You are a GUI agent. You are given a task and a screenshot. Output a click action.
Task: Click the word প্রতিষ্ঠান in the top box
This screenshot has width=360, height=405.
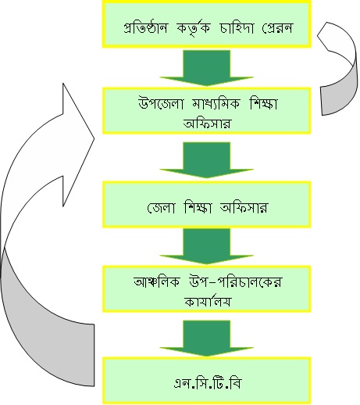pos(146,27)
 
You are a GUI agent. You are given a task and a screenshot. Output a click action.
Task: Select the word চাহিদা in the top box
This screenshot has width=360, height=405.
pos(237,27)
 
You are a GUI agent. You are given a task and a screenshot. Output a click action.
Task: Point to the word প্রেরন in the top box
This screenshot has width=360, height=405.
pos(277,27)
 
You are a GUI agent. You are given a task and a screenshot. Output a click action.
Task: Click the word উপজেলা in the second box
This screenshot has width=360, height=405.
pos(161,103)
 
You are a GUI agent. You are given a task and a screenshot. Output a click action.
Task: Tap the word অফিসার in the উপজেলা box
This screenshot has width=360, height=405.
pos(207,123)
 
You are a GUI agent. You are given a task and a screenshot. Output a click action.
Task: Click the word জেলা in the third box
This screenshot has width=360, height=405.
pos(161,207)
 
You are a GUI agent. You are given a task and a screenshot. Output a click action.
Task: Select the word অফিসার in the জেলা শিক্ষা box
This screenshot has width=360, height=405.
pos(244,208)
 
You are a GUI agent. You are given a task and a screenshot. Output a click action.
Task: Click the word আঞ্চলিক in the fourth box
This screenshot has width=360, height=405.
pos(157,281)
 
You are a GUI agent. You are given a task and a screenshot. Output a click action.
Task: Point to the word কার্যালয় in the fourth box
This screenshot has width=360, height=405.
pos(208,301)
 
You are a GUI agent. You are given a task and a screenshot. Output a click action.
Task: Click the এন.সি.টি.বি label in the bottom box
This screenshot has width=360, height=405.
pos(207,383)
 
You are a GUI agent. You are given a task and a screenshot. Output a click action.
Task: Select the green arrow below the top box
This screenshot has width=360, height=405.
pos(207,68)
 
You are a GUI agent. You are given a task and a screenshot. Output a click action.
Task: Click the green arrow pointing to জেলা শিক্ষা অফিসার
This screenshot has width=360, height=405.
pos(207,160)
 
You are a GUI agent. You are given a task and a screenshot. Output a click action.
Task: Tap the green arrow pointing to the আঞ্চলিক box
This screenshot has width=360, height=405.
pos(207,246)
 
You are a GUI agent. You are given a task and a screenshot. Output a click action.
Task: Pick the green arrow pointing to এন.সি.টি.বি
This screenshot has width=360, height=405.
pos(207,339)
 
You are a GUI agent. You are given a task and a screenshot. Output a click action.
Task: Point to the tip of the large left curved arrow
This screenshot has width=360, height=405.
pos(94,138)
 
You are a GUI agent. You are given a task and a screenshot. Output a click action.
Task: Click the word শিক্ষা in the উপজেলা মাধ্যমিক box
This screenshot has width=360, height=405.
pos(263,104)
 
